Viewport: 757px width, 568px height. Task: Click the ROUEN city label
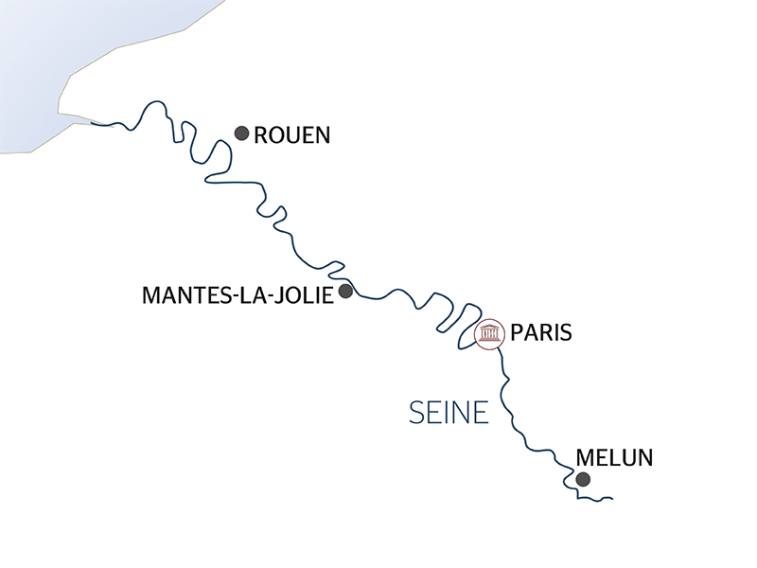pos(292,135)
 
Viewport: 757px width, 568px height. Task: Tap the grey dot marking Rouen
pos(241,133)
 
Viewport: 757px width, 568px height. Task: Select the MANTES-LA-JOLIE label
pos(237,295)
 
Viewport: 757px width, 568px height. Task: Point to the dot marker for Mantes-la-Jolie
pos(345,291)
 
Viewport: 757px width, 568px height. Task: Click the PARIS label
pos(541,333)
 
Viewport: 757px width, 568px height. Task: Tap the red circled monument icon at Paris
pos(489,334)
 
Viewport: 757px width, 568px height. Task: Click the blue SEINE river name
pos(449,413)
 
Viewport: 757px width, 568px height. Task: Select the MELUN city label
pos(614,458)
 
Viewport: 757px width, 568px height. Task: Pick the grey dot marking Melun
pos(583,480)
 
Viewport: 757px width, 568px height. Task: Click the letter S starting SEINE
pos(417,413)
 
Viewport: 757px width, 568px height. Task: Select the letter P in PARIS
pos(516,333)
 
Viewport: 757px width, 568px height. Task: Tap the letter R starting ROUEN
pos(262,135)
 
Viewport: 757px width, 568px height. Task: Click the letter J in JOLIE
pos(280,295)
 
